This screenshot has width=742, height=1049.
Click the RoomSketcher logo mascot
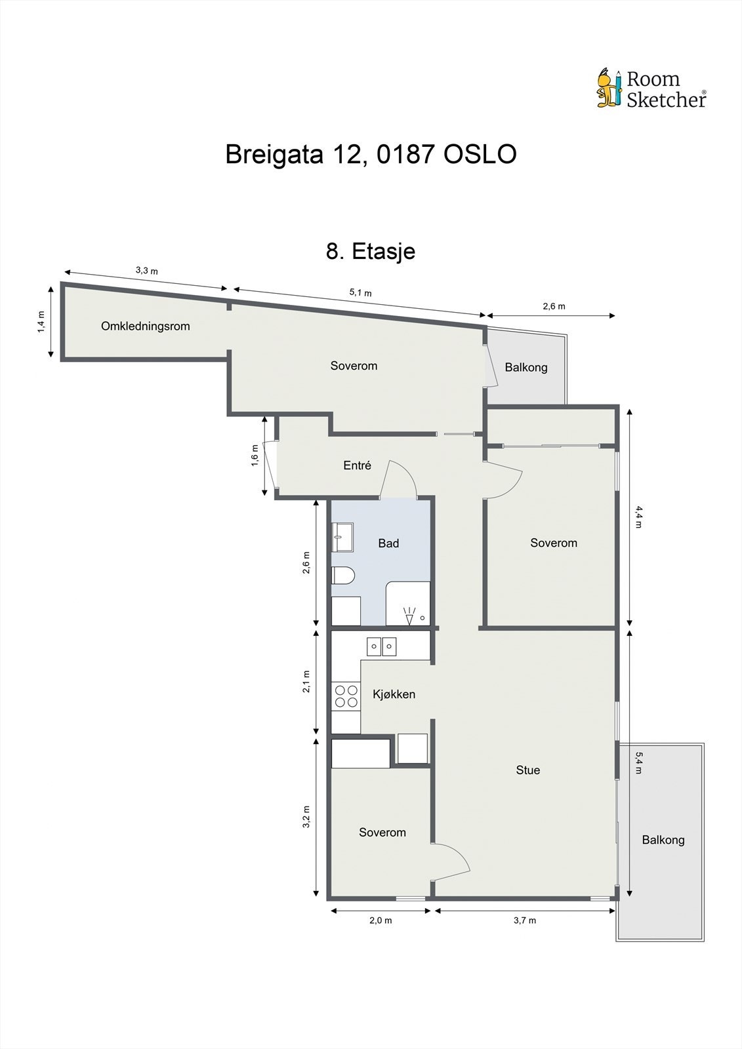point(608,88)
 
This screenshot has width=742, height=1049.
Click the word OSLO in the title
point(480,155)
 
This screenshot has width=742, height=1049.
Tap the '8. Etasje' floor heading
point(371,251)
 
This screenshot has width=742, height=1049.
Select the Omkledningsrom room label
point(145,326)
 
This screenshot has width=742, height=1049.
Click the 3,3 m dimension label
point(146,270)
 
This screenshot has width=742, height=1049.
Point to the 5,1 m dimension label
point(360,292)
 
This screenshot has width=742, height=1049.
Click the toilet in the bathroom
point(343,576)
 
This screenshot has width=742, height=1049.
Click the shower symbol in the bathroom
point(410,616)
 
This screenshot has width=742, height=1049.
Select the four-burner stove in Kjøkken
point(346,696)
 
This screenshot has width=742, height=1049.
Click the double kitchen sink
point(381,646)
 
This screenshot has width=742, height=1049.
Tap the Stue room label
point(527,770)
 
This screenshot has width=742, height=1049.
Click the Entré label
point(357,465)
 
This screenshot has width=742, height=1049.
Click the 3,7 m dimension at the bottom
point(524,920)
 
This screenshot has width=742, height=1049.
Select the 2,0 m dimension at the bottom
point(381,920)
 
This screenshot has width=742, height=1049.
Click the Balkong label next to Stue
point(663,840)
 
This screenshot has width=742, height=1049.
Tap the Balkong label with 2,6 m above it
point(526,367)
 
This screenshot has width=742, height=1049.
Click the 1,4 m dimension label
point(41,321)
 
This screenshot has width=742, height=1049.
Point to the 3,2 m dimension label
point(306,817)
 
